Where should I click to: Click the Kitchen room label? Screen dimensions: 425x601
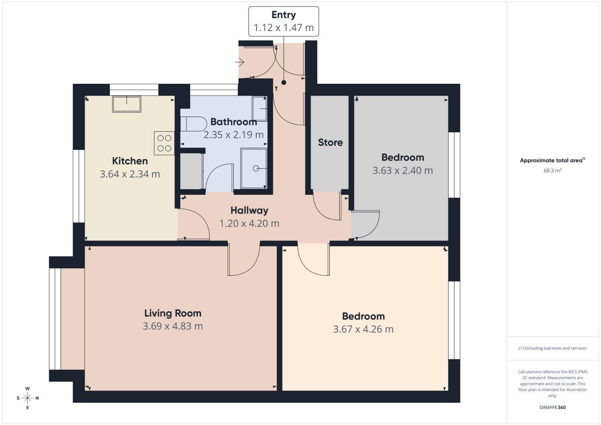coord(130,161)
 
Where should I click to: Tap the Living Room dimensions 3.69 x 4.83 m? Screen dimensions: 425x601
coord(173,326)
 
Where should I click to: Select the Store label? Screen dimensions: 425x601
coord(330,142)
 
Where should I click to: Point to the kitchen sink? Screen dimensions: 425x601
coord(127,104)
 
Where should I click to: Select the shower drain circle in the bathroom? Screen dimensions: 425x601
coord(256,168)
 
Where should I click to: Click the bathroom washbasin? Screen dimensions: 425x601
coord(260,109)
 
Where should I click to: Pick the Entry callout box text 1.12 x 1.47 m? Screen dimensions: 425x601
coord(283,28)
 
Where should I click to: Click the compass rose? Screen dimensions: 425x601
coord(28,398)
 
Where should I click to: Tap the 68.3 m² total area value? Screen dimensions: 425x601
coord(552,171)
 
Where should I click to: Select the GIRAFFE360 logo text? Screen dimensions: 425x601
coord(552,407)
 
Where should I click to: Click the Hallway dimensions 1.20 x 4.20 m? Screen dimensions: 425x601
coord(249,224)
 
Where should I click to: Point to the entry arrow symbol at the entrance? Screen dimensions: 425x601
coord(240,62)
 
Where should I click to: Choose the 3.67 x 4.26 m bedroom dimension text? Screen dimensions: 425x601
coord(363,329)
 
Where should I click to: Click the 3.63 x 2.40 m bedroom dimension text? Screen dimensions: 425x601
coord(402,171)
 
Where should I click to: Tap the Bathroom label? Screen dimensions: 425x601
coord(233,122)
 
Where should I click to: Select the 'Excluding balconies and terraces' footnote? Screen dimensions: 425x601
coord(552,348)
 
